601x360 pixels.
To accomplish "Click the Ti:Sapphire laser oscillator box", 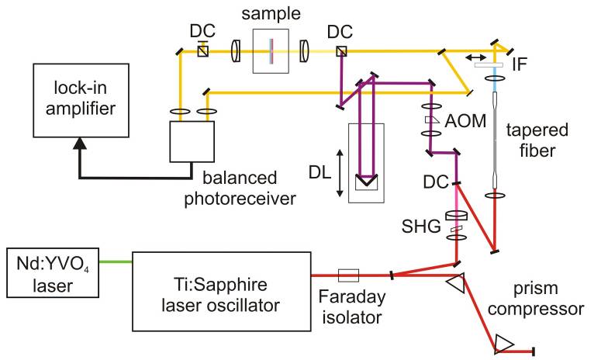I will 221,287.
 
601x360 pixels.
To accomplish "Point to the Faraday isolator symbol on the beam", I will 349,274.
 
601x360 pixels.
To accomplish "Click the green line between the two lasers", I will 116,261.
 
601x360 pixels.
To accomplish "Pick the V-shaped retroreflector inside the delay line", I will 365,183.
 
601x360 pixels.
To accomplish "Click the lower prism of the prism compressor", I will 504,341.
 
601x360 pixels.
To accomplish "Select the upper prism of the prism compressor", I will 454,285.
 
